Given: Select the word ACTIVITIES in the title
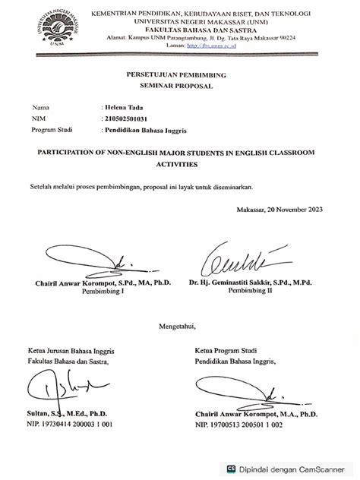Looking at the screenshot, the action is pos(179,164).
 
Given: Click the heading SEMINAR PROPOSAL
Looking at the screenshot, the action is pos(181,88).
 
